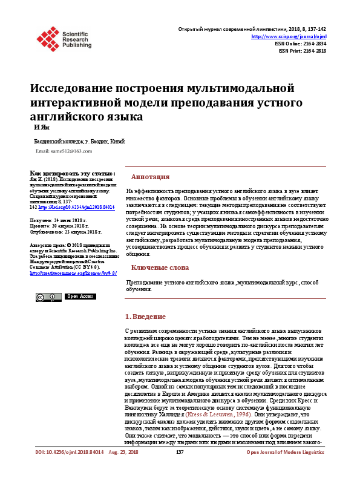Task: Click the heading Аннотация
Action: [x=150, y=177]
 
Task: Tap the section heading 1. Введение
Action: [x=145, y=317]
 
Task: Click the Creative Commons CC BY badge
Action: [x=48, y=297]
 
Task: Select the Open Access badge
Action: [x=79, y=296]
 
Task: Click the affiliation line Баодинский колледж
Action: [x=79, y=140]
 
